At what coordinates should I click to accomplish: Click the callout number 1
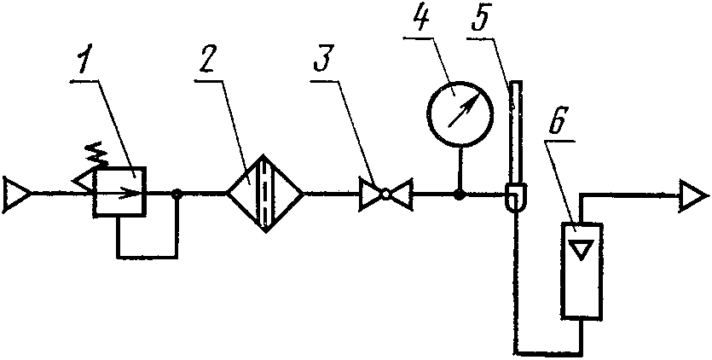(x=83, y=59)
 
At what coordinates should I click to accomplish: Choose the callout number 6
(x=557, y=120)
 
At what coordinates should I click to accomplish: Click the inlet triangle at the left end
(x=17, y=195)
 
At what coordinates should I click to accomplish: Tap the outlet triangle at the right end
(x=693, y=196)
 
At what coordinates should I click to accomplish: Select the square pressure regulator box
(x=119, y=190)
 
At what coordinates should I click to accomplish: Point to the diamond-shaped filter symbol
(x=265, y=194)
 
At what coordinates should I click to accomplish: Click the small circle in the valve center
(x=385, y=195)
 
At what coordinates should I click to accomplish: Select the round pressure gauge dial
(x=460, y=113)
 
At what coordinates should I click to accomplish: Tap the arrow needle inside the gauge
(x=463, y=112)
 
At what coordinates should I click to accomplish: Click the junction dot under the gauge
(x=460, y=195)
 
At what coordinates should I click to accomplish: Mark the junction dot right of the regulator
(x=177, y=195)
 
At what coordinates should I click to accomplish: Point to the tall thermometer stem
(x=516, y=132)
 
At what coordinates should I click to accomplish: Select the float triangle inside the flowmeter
(x=582, y=251)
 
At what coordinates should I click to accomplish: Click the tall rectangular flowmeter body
(x=582, y=271)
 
